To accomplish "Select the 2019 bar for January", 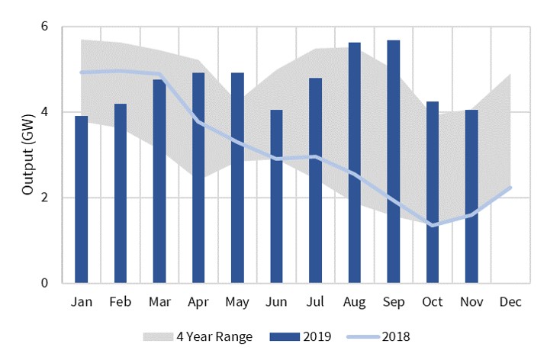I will pyautogui.click(x=81, y=200).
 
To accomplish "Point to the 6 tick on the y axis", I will pyautogui.click(x=44, y=27).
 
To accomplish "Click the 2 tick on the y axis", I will pyautogui.click(x=44, y=198).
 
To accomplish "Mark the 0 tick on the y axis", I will pyautogui.click(x=44, y=283).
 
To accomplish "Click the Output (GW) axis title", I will pyautogui.click(x=27, y=155).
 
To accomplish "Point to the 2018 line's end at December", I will pyautogui.click(x=509, y=188).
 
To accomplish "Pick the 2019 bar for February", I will pyautogui.click(x=120, y=194).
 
